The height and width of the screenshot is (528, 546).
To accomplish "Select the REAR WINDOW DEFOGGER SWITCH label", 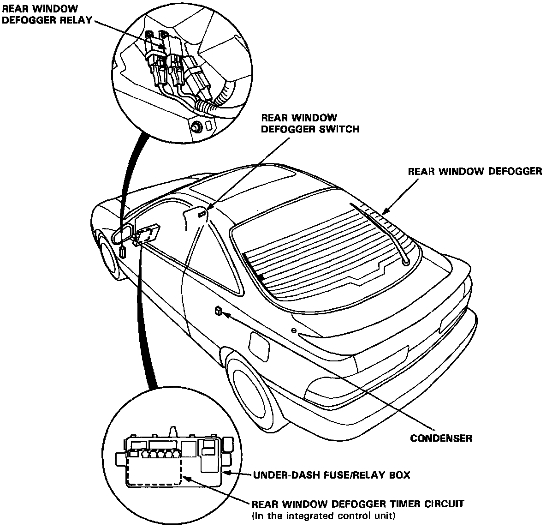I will [x=310, y=124].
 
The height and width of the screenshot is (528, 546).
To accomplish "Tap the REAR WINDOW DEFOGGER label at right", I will [x=475, y=172].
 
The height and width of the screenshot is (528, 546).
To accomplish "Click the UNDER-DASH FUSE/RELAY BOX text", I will [x=331, y=475].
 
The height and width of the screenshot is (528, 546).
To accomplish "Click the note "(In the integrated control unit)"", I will [x=324, y=515].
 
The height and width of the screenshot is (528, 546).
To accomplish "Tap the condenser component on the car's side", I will [x=217, y=311].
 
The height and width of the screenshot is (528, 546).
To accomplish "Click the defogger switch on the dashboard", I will [x=202, y=214].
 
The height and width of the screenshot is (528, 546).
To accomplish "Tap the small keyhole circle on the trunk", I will [x=293, y=330].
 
